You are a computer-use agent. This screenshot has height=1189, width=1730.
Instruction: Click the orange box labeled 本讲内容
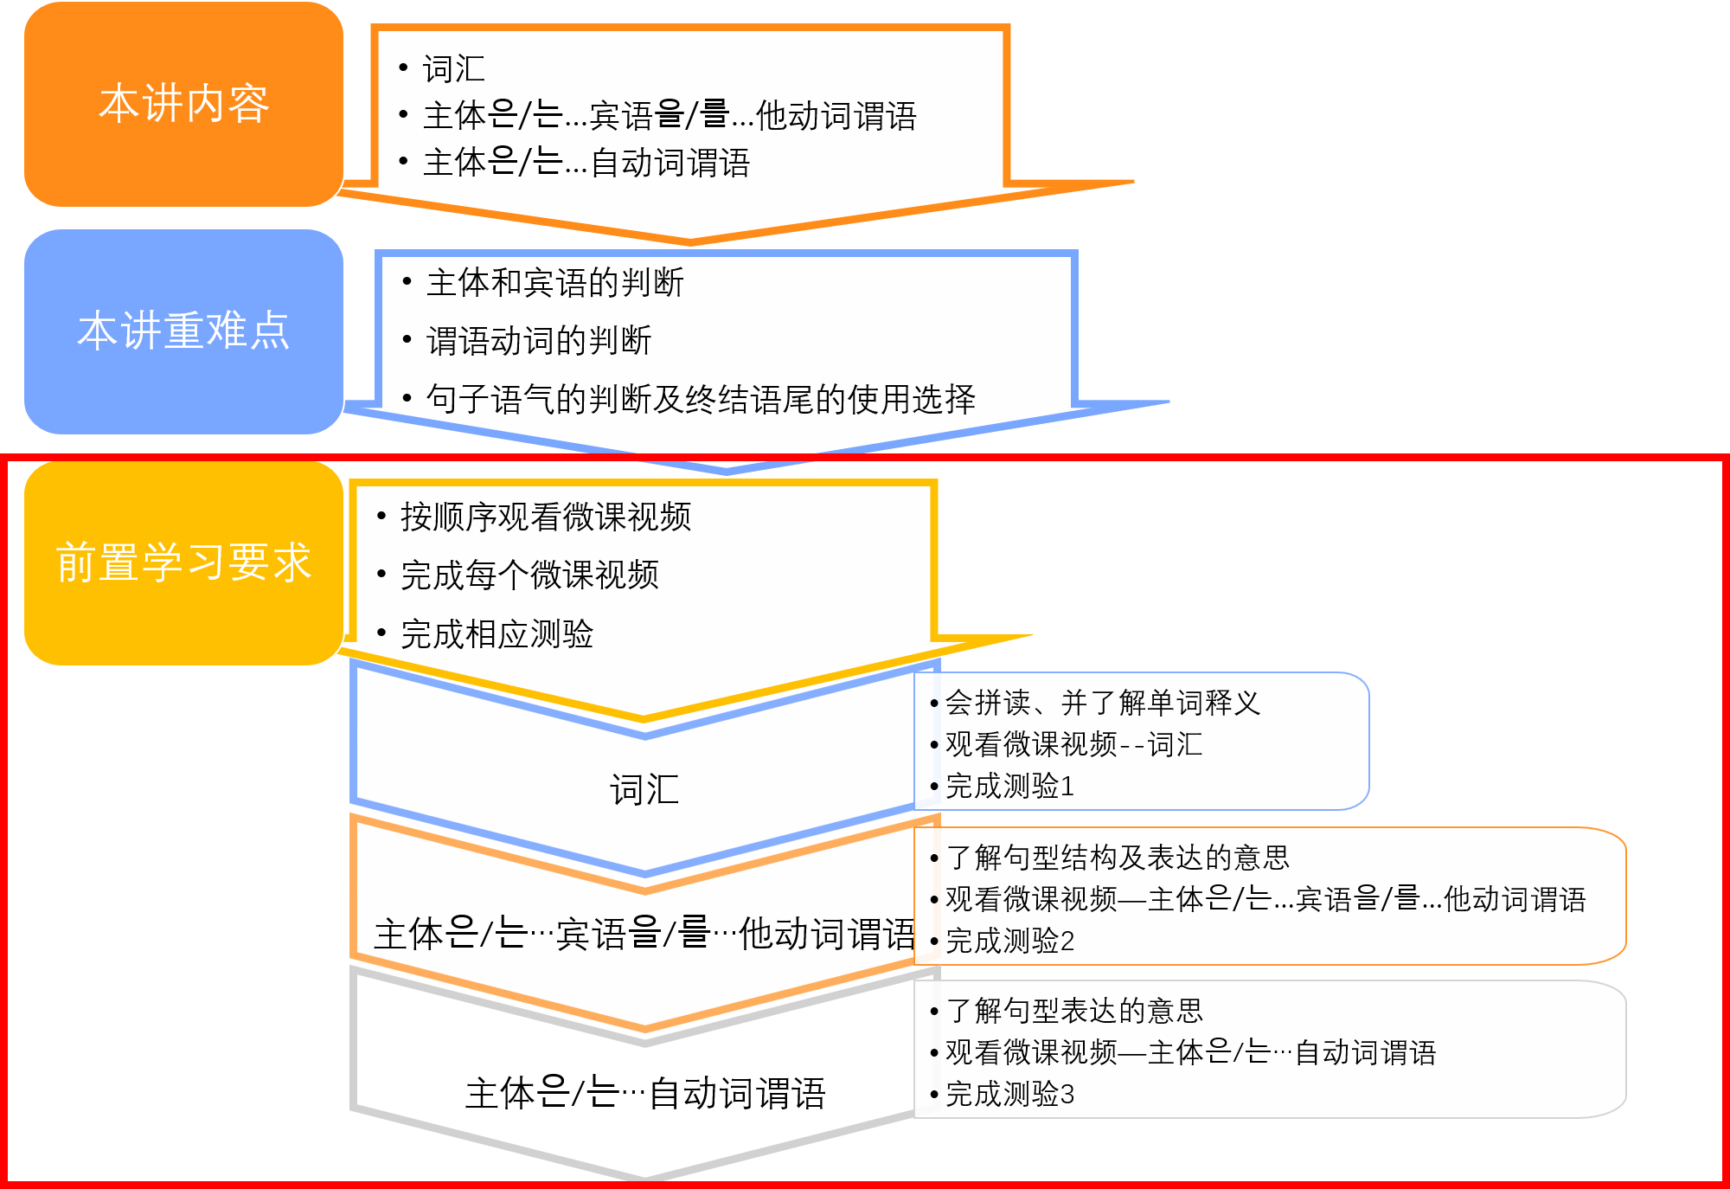point(183,104)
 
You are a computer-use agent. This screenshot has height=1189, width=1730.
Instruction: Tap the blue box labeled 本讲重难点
point(183,331)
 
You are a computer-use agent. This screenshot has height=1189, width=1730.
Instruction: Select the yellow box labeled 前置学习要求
point(183,562)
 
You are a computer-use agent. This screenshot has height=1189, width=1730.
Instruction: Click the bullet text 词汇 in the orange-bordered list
point(453,69)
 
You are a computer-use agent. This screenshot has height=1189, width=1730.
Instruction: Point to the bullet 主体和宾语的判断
point(554,283)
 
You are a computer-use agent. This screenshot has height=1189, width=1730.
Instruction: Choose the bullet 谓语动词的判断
point(538,341)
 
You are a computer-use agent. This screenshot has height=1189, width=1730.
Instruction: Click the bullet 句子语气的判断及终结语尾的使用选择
point(700,399)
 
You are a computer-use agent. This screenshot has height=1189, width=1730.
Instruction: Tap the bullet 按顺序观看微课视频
point(545,517)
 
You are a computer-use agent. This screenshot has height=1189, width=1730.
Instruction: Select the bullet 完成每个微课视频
point(529,575)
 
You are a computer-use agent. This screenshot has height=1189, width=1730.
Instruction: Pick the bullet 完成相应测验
point(497,633)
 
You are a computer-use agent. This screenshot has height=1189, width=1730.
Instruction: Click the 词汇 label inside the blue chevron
point(644,789)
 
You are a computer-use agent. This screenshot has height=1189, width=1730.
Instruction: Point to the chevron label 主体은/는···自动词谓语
point(645,1093)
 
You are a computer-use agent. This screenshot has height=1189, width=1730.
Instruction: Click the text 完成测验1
point(1009,786)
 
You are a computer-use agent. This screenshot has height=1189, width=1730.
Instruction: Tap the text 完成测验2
point(1009,940)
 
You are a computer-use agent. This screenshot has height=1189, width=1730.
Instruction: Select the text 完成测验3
point(1009,1094)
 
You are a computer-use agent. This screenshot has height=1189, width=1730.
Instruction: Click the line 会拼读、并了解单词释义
point(1102,703)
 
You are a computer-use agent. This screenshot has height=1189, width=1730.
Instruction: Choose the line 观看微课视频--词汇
point(1073,744)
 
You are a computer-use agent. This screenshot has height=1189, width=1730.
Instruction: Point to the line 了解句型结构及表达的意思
point(1118,857)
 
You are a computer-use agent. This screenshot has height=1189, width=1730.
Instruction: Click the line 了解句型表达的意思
point(1074,1010)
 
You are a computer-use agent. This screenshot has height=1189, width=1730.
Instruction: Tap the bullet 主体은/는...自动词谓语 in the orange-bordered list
point(586,163)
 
